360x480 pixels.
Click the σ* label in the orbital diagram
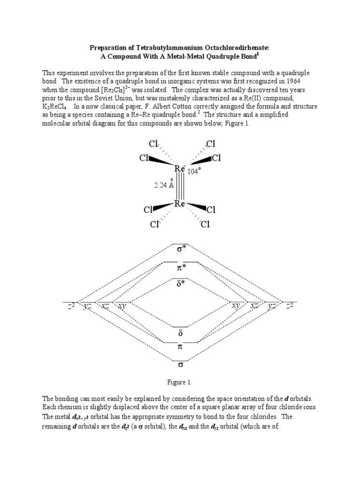click(x=181, y=248)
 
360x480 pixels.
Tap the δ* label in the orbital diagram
click(x=181, y=284)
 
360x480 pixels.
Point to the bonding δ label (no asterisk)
click(x=180, y=333)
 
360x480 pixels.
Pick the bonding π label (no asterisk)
click(x=180, y=347)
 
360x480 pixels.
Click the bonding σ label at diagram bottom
click(x=180, y=364)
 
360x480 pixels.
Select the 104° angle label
click(x=194, y=171)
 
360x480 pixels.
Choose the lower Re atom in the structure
click(x=180, y=204)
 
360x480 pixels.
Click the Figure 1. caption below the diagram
click(x=180, y=382)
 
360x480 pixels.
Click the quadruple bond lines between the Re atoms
click(x=180, y=186)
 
